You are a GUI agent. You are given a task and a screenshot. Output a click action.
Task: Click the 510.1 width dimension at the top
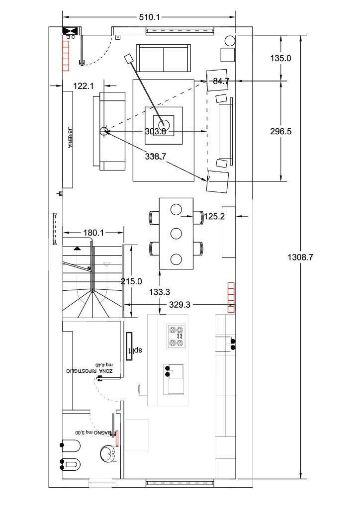149,17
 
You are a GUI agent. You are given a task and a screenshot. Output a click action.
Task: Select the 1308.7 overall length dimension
301,257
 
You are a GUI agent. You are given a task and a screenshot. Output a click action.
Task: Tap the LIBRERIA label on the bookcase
70,137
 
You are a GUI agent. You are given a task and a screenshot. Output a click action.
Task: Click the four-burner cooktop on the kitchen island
176,337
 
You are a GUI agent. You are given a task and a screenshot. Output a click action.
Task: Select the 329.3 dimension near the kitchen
180,305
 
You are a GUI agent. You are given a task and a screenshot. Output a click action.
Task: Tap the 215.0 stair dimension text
131,281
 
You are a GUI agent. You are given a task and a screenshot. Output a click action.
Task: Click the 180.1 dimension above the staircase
93,233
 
